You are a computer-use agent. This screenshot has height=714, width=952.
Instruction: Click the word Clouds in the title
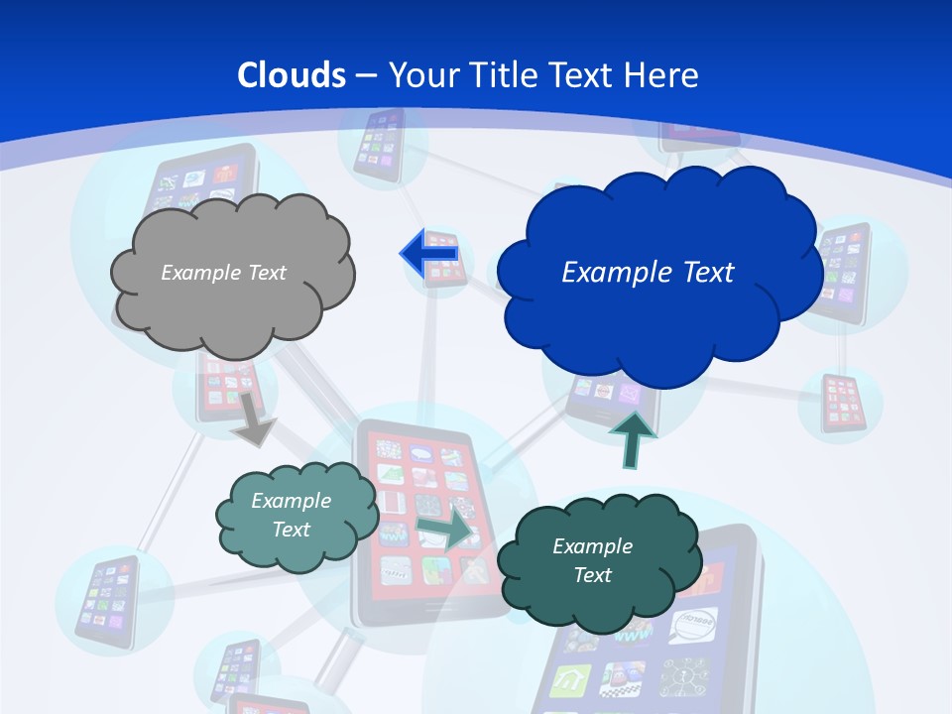(292, 75)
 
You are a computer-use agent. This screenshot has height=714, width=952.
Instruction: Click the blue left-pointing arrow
(428, 254)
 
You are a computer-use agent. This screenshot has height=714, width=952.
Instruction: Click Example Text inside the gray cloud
(223, 273)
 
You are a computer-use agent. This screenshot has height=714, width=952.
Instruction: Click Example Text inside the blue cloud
(648, 273)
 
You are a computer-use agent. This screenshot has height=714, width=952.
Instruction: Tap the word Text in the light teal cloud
(291, 531)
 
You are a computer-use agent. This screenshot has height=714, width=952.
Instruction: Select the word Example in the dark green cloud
(592, 546)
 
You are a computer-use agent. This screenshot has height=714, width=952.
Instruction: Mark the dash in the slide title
(366, 75)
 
